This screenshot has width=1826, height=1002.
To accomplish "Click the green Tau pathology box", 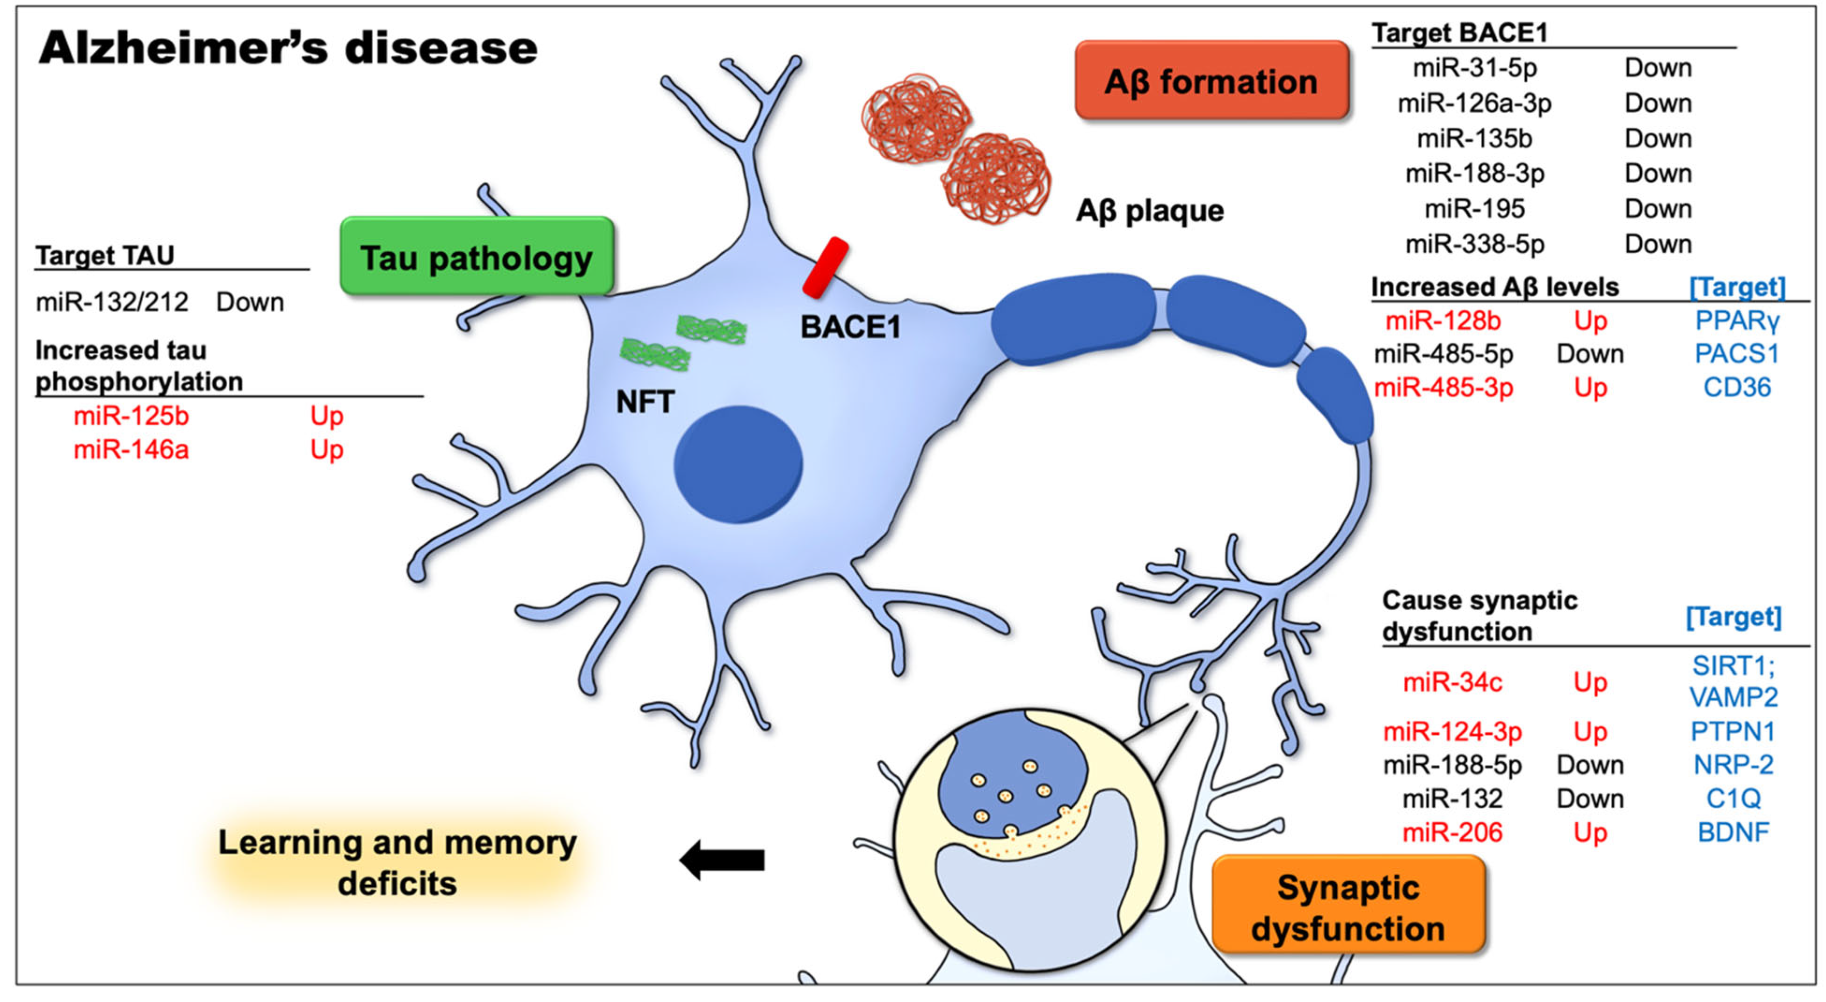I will coord(476,257).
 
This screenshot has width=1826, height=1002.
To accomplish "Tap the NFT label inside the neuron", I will coord(645,402).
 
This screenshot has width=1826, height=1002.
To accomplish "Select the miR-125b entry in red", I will coord(131,416).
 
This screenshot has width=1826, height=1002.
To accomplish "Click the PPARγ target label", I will coord(1737,321).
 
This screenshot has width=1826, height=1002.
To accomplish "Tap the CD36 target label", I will coord(1737,387).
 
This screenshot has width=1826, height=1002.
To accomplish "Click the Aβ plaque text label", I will coord(1150,211).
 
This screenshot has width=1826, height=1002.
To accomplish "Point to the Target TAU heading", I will coord(105,255).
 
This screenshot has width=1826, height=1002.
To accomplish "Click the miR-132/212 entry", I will coord(112,302).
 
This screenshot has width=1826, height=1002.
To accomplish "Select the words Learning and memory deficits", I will coord(397,863).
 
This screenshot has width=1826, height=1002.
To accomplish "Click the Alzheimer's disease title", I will coord(288,48).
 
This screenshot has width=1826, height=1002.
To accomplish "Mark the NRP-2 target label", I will coord(1733,764).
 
